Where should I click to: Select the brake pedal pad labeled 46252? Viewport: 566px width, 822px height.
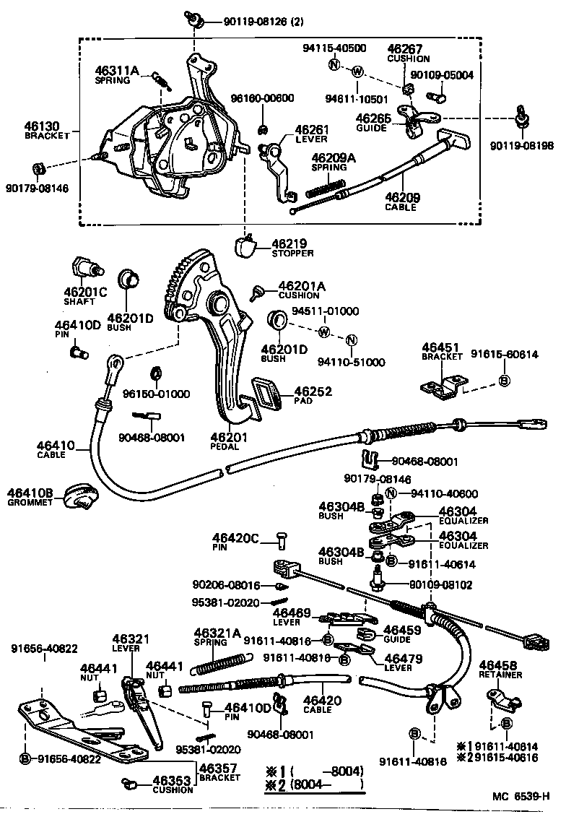coord(268,395)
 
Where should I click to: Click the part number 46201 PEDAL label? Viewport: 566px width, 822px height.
coord(228,438)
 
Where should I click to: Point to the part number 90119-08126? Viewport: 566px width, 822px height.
coord(245,22)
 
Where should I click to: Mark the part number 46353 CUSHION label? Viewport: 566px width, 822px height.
coord(172,782)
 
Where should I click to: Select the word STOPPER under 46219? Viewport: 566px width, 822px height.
coord(293,254)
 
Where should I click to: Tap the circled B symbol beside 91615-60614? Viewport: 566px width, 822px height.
coord(505,381)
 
